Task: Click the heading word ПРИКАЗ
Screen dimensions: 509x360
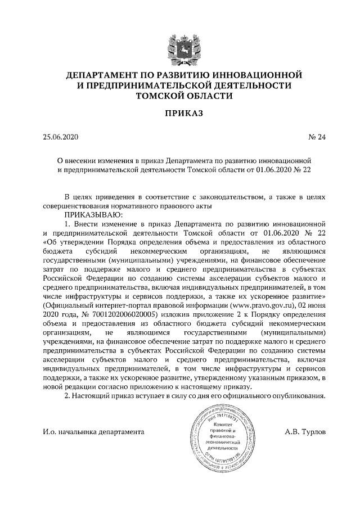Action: click(x=180, y=113)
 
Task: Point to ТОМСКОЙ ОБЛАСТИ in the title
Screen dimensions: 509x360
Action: click(x=180, y=96)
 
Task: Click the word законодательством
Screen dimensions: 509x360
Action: click(x=227, y=197)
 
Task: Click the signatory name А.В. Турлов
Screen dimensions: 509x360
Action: click(x=301, y=432)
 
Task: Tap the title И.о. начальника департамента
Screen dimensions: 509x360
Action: click(x=93, y=432)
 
